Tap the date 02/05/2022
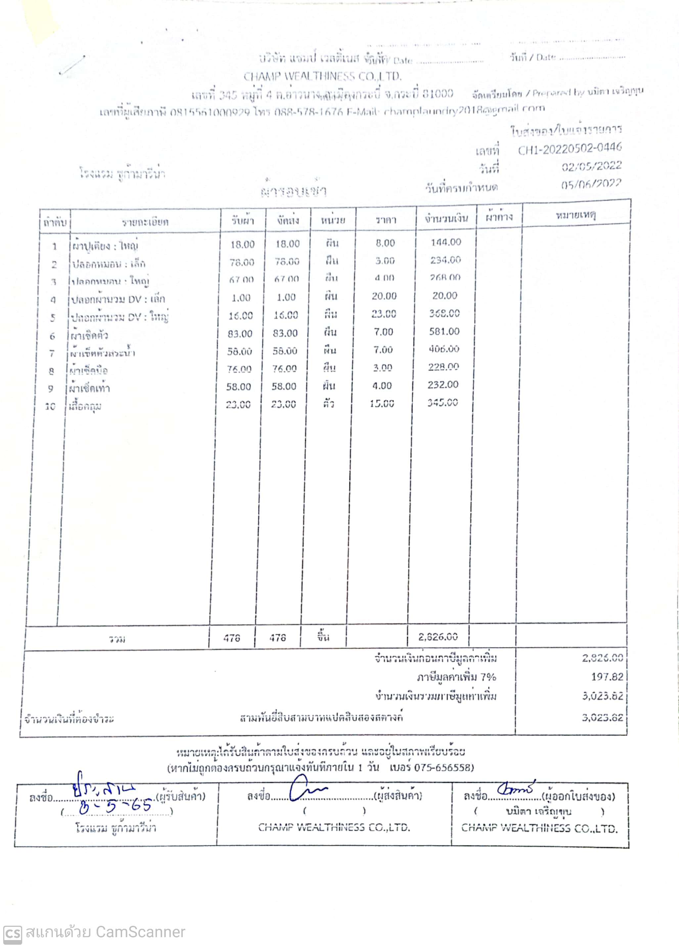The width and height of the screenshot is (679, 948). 591,166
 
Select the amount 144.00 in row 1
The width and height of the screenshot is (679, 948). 446,242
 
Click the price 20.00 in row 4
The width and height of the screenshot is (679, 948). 384,296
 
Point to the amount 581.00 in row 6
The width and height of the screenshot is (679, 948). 444,332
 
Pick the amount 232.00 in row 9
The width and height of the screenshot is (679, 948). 443,384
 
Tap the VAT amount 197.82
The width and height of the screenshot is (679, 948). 607,677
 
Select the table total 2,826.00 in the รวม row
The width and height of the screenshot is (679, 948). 438,637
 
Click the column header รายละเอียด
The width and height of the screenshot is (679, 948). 145,222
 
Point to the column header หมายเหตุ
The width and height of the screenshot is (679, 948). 576,215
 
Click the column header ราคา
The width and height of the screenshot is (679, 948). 385,219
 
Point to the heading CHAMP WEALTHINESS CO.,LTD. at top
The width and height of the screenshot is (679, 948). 322,76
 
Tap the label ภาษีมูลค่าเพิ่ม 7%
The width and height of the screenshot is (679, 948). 456,677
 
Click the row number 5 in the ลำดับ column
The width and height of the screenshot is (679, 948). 53,318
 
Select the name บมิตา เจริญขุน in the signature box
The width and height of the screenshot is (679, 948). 538,811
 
